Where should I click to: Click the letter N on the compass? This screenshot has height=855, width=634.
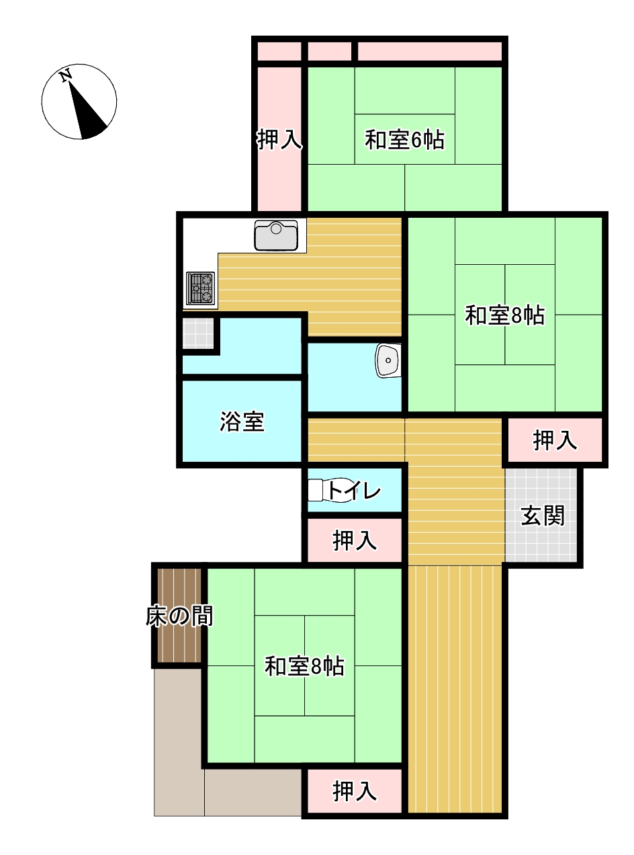pos(66,75)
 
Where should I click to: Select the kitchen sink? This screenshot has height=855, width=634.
pos(276,235)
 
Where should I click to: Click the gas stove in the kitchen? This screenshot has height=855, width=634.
pos(200,288)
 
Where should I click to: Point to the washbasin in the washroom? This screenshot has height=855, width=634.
pos(388,360)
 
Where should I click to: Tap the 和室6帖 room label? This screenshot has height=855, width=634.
pos(405,140)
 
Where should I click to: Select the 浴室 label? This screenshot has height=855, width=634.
pos(242,421)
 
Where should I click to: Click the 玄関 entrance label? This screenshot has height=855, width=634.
pos(543,516)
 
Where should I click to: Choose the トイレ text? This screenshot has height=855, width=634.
pos(355,490)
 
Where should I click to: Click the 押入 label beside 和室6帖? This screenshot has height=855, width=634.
pos(279,139)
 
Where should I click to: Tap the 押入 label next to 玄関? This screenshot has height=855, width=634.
pos(555,440)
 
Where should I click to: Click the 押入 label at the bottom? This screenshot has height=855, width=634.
pos(355,791)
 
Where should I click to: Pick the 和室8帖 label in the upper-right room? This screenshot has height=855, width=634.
pos(505,315)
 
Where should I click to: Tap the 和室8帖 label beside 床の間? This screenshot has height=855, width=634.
pos(304,666)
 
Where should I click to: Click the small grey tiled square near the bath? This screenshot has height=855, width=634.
pos(198,333)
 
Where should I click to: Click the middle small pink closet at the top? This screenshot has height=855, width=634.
pos(329,52)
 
